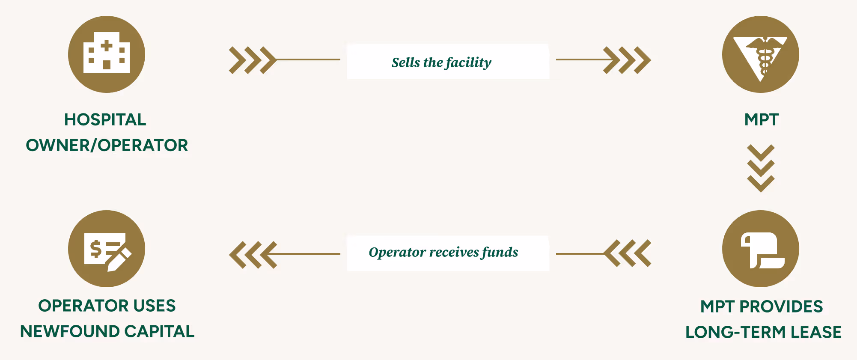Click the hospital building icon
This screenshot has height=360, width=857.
107,54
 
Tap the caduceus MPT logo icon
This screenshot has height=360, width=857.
760,54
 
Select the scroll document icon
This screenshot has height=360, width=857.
760,249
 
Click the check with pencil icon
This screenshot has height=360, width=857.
107,249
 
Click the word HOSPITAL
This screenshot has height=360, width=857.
105,120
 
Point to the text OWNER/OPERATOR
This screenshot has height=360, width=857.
107,146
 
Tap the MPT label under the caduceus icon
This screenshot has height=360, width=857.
761,120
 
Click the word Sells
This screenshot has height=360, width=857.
405,62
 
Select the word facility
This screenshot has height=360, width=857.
468,63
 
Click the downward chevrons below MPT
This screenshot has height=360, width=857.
761,168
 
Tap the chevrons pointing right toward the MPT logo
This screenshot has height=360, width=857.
627,60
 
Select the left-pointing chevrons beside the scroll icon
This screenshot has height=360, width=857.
628,253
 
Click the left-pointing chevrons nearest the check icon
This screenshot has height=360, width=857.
253,255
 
